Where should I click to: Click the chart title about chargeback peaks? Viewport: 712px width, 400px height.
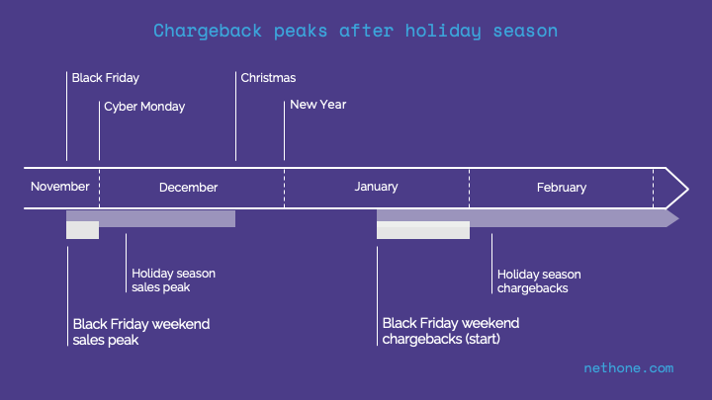click(x=356, y=32)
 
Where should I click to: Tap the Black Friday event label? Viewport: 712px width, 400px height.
click(x=106, y=78)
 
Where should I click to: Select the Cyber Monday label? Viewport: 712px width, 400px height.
click(x=144, y=107)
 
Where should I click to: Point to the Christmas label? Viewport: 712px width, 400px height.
click(x=268, y=78)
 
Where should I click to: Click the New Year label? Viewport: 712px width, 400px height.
click(x=317, y=105)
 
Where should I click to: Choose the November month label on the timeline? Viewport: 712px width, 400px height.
click(x=60, y=187)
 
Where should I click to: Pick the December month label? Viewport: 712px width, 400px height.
click(x=189, y=188)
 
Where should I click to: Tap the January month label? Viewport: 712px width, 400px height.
click(x=376, y=187)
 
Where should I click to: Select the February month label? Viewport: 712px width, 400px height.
click(x=562, y=188)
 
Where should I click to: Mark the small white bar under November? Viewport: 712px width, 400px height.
click(x=83, y=230)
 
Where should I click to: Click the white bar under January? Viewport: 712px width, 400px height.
click(x=423, y=230)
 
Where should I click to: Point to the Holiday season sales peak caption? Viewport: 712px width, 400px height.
click(x=173, y=280)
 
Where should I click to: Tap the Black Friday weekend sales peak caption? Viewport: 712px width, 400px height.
click(x=141, y=332)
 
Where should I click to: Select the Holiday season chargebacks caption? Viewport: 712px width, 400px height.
click(x=539, y=281)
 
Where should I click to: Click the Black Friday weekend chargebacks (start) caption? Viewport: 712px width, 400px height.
click(x=451, y=331)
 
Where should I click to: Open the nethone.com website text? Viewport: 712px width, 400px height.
click(x=629, y=367)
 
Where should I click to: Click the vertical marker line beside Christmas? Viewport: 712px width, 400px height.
click(x=235, y=117)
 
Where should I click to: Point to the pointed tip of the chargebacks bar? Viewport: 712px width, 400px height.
click(x=678, y=218)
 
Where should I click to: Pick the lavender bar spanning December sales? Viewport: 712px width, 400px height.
click(x=150, y=218)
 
